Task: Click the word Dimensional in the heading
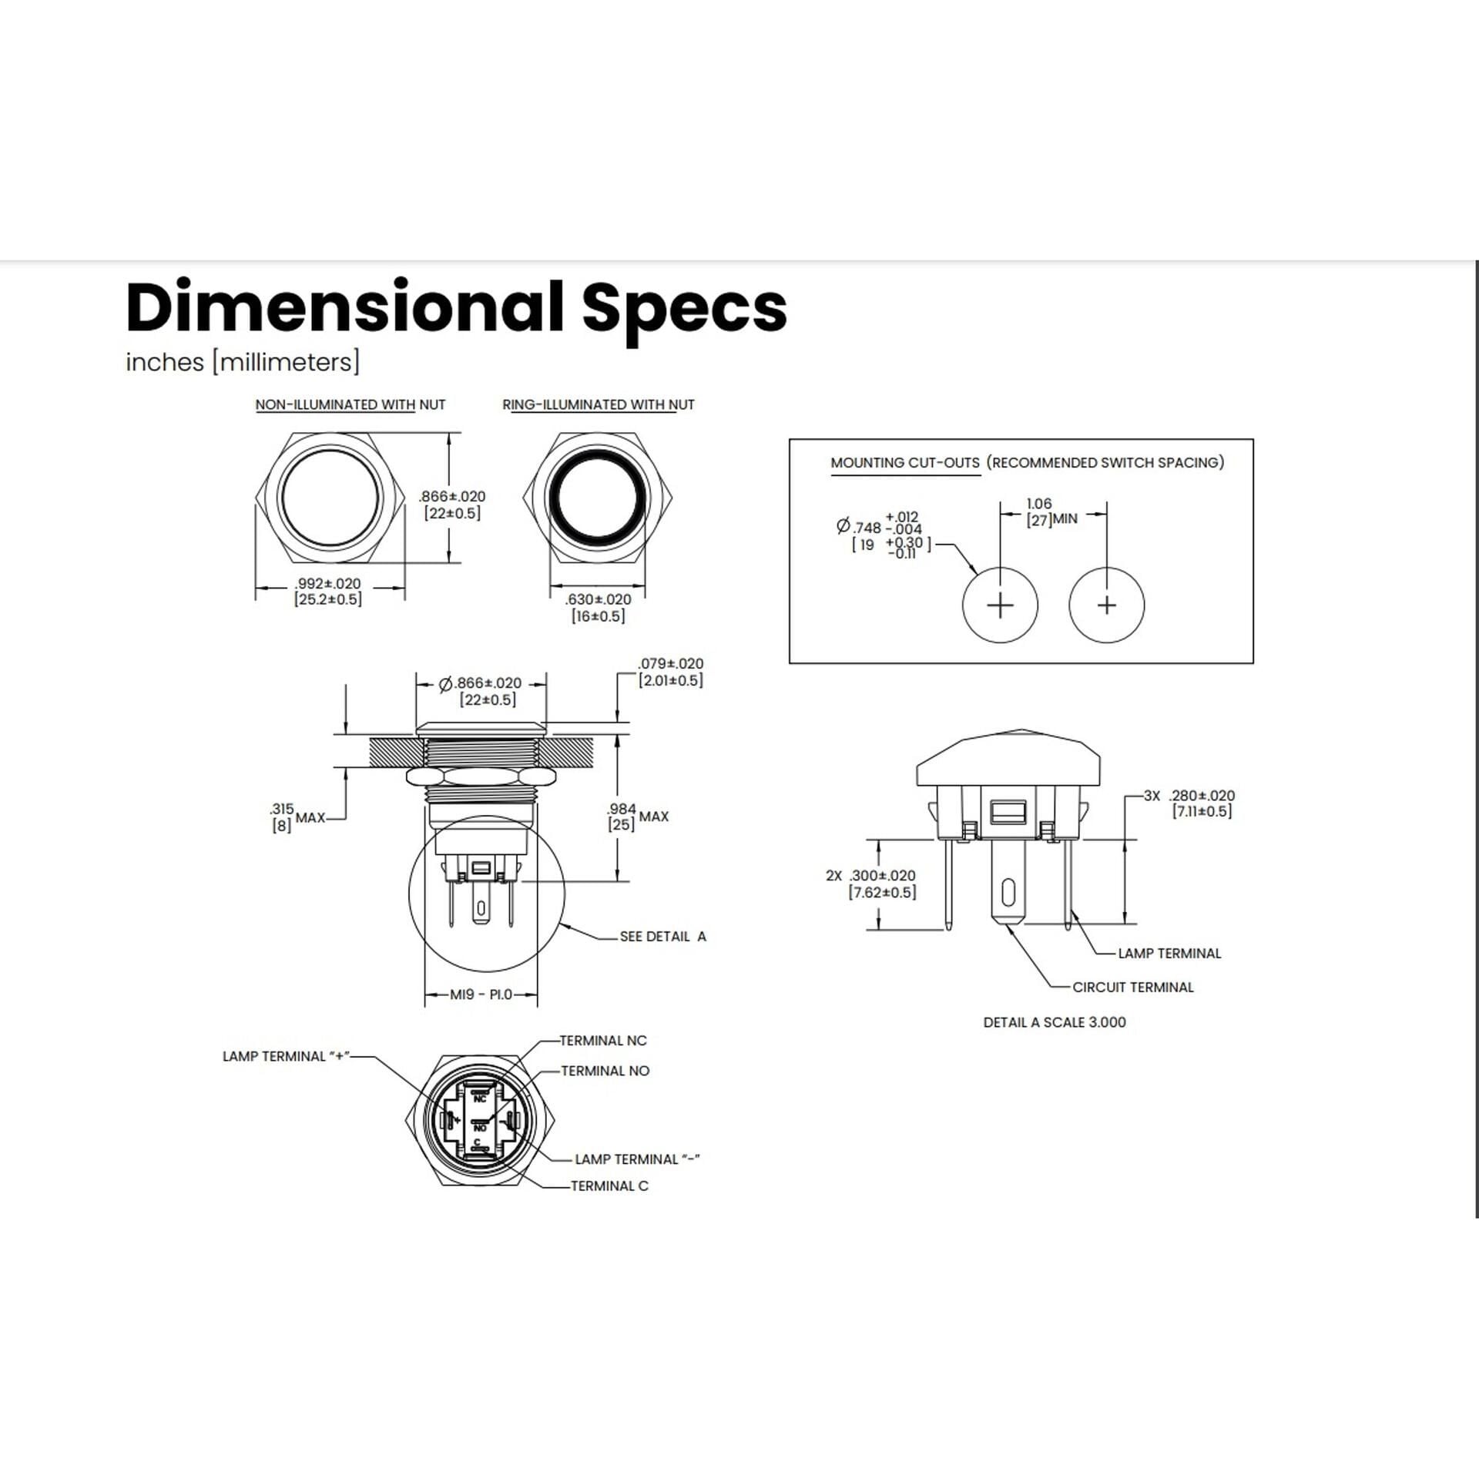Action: pos(345,307)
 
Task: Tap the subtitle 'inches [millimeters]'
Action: pos(243,362)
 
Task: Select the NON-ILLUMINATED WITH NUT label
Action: pos(350,404)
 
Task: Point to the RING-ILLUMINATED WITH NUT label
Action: pos(599,404)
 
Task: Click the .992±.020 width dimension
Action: pos(328,592)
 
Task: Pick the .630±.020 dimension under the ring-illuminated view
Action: pos(598,608)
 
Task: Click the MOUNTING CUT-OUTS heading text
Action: pos(905,463)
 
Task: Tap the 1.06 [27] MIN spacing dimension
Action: pos(1051,512)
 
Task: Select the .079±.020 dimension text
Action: pos(670,672)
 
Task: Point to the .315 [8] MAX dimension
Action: pos(297,817)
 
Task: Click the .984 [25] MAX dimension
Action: pos(638,817)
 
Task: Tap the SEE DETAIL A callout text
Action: pos(662,937)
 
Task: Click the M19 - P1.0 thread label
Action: pos(481,994)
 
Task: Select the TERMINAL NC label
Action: pos(603,1041)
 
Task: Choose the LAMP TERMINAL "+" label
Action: pos(286,1056)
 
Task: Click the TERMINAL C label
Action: pos(609,1186)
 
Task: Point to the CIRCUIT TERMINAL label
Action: pos(1133,988)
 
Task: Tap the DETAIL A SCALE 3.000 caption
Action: pos(1055,1022)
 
